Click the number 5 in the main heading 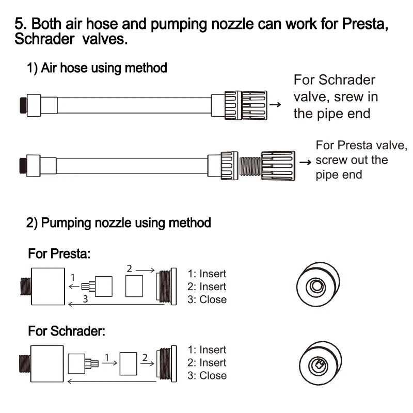click(19, 24)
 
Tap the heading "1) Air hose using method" click(97, 68)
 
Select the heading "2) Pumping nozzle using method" click(119, 223)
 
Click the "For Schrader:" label click(67, 331)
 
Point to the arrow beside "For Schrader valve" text click(276, 104)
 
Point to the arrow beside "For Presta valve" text click(306, 162)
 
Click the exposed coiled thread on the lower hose click(250, 166)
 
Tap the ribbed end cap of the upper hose click(246, 104)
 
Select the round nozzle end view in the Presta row click(315, 286)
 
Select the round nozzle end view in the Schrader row click(315, 366)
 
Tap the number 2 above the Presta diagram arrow click(130, 268)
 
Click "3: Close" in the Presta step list click(207, 299)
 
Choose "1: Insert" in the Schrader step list click(207, 350)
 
